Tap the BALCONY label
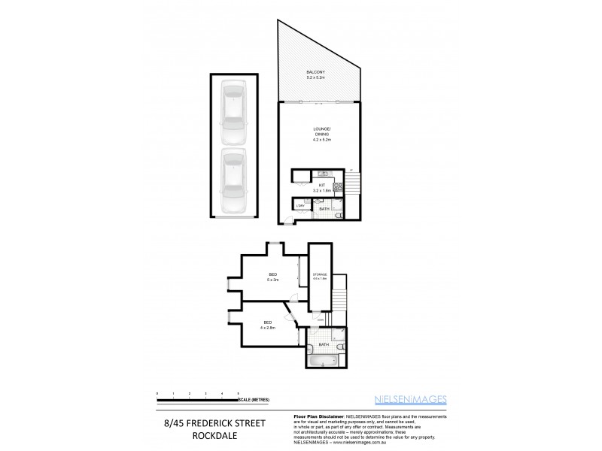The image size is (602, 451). point(316,73)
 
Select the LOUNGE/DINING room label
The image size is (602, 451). point(322,135)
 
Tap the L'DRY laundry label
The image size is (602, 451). point(300,205)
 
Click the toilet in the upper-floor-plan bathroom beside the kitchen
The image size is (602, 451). point(339,215)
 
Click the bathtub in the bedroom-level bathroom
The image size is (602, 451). point(322,362)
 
